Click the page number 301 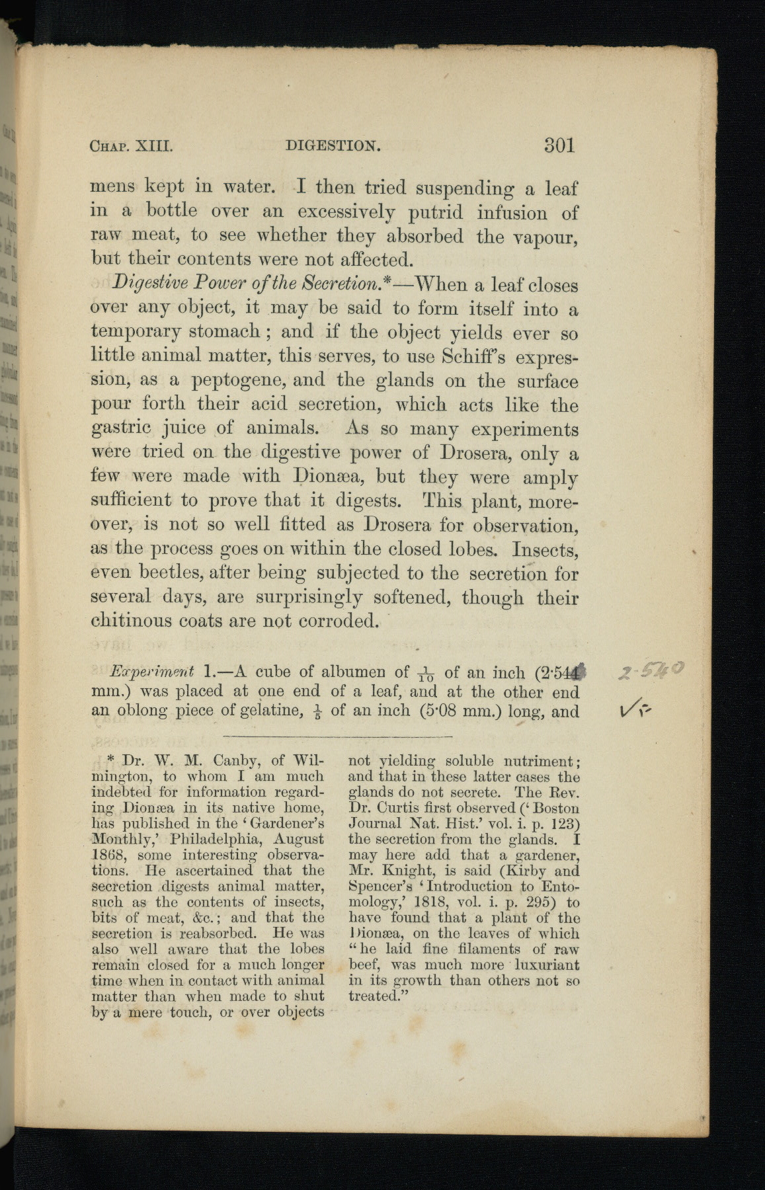[559, 145]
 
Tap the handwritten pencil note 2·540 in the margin [650, 673]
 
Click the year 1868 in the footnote [106, 855]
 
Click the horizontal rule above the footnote [337, 736]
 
